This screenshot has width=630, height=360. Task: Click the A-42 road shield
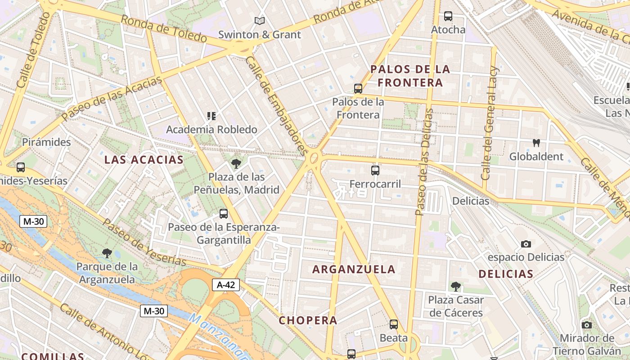226,284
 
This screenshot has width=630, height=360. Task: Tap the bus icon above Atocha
448,16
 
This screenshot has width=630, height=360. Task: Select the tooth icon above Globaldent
536,143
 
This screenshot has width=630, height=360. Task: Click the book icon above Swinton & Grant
260,21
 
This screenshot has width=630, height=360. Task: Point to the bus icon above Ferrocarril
375,170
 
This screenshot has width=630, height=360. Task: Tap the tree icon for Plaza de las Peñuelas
236,163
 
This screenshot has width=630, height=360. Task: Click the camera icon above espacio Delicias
526,244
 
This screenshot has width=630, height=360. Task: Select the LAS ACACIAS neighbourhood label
144,160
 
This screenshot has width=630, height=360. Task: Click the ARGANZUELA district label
354,270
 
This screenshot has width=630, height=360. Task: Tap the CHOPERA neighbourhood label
308,320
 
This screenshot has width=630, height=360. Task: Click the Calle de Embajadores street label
276,106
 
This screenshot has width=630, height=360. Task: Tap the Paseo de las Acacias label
112,99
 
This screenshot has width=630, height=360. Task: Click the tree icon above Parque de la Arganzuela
107,253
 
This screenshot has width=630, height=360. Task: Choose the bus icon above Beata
394,324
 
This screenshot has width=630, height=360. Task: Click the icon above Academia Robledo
211,116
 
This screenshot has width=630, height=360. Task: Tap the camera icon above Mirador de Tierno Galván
586,325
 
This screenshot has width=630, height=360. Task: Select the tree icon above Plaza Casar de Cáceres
456,286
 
